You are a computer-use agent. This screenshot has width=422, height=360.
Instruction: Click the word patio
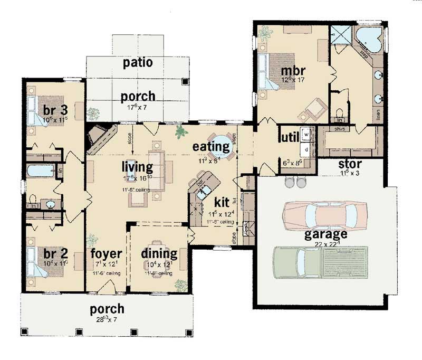pos(138,63)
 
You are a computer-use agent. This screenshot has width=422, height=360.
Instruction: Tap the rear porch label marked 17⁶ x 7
pos(138,97)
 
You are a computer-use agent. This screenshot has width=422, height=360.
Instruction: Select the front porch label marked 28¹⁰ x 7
pos(107,309)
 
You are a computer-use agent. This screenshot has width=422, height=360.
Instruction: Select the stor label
pos(349,164)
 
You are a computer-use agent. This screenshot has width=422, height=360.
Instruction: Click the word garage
pos(325,233)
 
